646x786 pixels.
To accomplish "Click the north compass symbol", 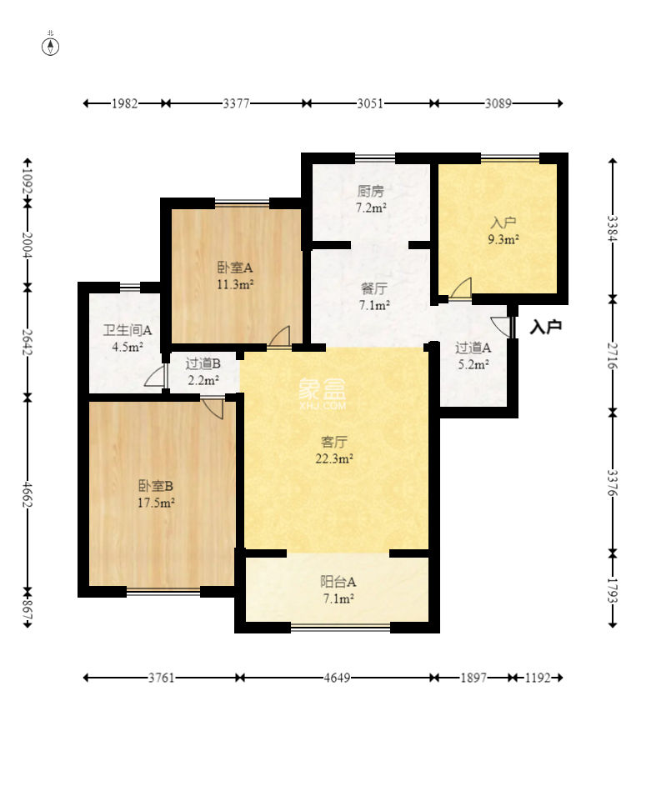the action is point(50,46).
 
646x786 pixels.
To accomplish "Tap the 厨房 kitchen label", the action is point(370,191).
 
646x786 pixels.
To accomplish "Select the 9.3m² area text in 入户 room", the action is point(503,239).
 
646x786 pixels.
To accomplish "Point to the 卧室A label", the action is point(234,268).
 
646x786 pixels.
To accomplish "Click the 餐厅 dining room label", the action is point(374,288).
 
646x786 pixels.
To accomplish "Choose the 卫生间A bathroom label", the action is point(128,330).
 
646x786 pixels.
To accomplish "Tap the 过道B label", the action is point(203,364).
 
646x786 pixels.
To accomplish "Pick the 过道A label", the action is point(473,348).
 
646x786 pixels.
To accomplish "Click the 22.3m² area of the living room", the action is point(334,458).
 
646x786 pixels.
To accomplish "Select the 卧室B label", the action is point(156,486).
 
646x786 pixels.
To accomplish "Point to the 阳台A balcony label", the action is point(338,582).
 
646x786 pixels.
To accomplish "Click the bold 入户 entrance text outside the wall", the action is point(546,327).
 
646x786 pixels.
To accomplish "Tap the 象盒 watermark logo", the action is point(323,394).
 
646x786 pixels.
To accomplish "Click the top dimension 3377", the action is point(236,103).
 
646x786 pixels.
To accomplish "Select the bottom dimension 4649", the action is point(337,678).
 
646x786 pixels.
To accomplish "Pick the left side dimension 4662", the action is point(27,495).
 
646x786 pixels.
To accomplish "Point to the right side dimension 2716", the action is point(612,355).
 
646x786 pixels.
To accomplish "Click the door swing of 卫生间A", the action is point(155,376).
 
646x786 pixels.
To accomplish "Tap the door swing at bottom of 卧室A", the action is point(279,337).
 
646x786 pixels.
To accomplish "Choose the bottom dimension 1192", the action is point(538,678).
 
